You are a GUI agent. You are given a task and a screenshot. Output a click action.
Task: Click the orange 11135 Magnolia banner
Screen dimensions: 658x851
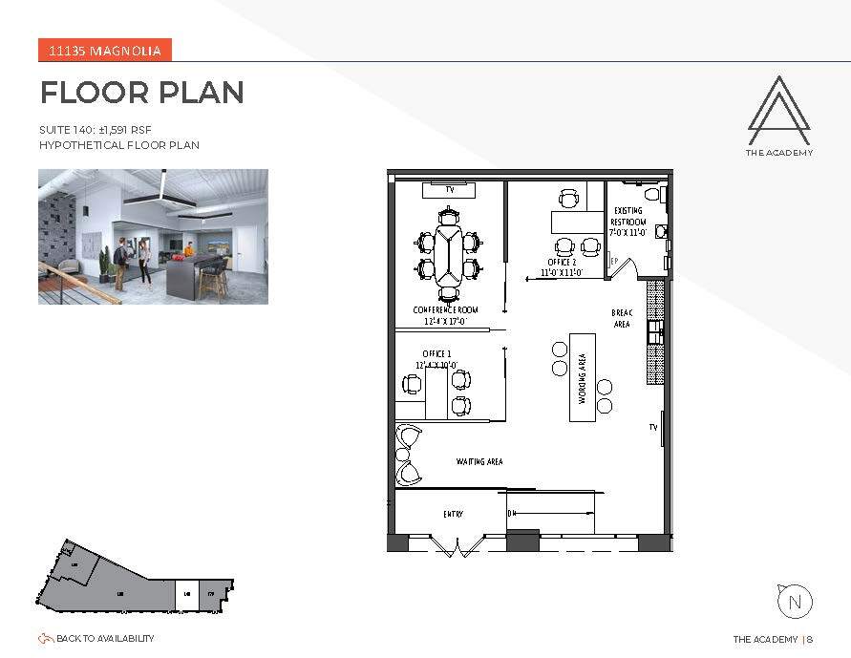[x=105, y=51]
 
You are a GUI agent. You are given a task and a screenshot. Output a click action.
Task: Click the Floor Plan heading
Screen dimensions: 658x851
[x=141, y=93]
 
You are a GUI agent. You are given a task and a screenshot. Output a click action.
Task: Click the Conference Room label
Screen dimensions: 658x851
[x=445, y=310]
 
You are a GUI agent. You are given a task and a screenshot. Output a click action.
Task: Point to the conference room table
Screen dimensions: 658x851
[x=447, y=255]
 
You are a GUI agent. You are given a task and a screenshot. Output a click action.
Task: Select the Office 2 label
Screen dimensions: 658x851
[x=562, y=262]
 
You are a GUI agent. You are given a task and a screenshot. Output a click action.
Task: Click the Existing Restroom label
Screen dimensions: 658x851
[x=628, y=221]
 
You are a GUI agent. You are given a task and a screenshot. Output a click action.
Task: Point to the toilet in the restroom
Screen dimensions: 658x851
[x=663, y=194]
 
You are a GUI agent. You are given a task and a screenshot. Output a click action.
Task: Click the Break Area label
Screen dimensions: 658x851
[x=622, y=318]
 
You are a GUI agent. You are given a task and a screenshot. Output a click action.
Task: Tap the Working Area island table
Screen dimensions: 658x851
[x=583, y=377]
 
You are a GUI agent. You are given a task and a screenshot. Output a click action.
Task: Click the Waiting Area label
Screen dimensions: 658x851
[x=479, y=461]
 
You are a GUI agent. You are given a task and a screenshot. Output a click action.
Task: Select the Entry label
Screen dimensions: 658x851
[x=454, y=514]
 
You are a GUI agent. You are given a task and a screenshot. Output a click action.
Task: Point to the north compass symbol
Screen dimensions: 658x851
[x=795, y=602]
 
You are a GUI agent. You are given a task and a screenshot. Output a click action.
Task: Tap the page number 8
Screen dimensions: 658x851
[x=810, y=639]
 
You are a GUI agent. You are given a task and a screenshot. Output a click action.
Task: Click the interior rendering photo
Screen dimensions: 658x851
[x=153, y=237]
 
